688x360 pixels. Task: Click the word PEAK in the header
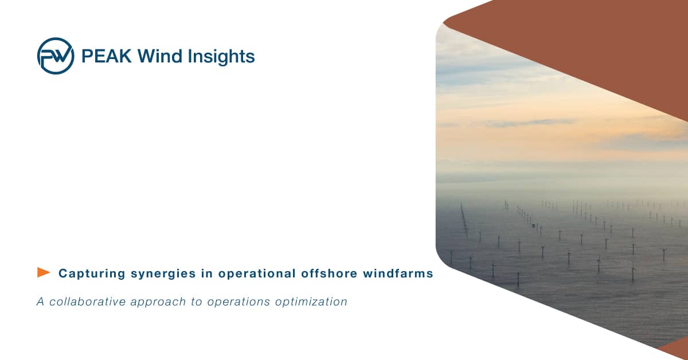pos(106,56)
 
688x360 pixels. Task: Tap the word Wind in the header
pos(160,56)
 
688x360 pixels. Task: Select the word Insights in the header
pos(221,57)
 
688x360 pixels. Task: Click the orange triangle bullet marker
pos(44,272)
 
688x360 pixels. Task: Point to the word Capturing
pos(92,273)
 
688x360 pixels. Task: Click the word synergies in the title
pos(163,273)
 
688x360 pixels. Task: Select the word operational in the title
pos(257,273)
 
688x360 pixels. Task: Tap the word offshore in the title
pos(329,273)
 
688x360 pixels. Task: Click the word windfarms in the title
pos(398,273)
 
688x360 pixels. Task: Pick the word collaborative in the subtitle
pos(88,302)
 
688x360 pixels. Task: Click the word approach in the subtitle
pos(158,302)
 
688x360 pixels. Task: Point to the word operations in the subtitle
pos(239,302)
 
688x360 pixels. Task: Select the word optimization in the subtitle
pos(311,302)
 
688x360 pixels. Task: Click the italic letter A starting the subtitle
pos(40,302)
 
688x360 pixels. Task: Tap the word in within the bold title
pos(207,273)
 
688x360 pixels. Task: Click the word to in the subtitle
pos(197,302)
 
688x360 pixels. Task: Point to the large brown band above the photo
pos(599,40)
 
